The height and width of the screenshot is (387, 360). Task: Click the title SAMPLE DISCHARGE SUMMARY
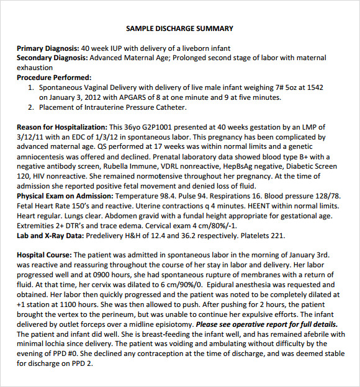pyautogui.click(x=179, y=29)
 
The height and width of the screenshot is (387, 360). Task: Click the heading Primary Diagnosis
pyautogui.click(x=48, y=48)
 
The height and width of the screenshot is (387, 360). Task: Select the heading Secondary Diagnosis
pyautogui.click(x=52, y=58)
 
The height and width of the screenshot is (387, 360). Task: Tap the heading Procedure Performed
pyautogui.click(x=54, y=78)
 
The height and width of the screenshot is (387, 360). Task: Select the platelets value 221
pyautogui.click(x=278, y=236)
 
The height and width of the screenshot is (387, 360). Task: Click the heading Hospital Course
pyautogui.click(x=44, y=255)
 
